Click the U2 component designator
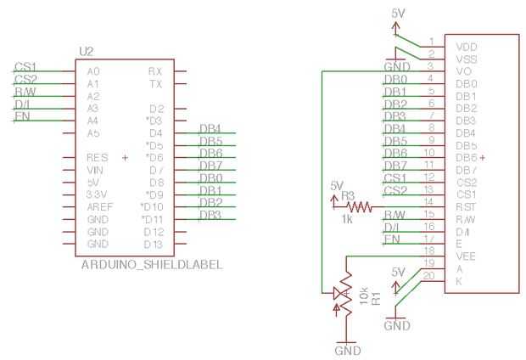coord(86,52)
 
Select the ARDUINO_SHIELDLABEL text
coord(152,265)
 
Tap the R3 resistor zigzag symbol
coord(360,205)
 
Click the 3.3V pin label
coord(97,194)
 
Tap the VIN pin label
coord(94,170)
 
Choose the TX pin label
coord(155,84)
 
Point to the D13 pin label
coord(153,244)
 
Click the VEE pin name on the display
coord(466,255)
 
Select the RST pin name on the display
coord(466,206)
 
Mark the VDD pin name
coord(467,47)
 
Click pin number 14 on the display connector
coord(431,202)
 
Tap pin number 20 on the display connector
coord(431,276)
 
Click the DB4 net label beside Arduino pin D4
coord(210,127)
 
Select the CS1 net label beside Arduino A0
coord(25,66)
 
